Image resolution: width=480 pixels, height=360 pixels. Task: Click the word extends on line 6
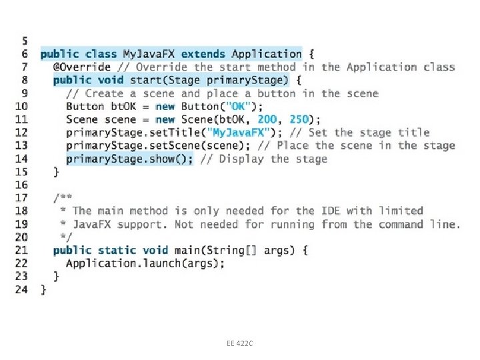[205, 54]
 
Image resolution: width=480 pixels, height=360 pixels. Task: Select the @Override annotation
[82, 67]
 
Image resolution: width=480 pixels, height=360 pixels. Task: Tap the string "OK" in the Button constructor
[238, 106]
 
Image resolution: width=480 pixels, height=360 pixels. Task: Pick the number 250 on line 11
[299, 119]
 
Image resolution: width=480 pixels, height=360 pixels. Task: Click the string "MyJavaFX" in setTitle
[240, 133]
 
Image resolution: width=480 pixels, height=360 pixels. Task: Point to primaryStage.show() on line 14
[129, 159]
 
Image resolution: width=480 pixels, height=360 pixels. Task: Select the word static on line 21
[117, 250]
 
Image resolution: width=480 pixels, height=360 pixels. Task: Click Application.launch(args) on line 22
[145, 263]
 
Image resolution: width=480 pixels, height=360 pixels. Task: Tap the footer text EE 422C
[240, 343]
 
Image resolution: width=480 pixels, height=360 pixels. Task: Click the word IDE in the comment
[331, 211]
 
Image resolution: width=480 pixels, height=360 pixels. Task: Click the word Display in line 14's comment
[241, 159]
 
